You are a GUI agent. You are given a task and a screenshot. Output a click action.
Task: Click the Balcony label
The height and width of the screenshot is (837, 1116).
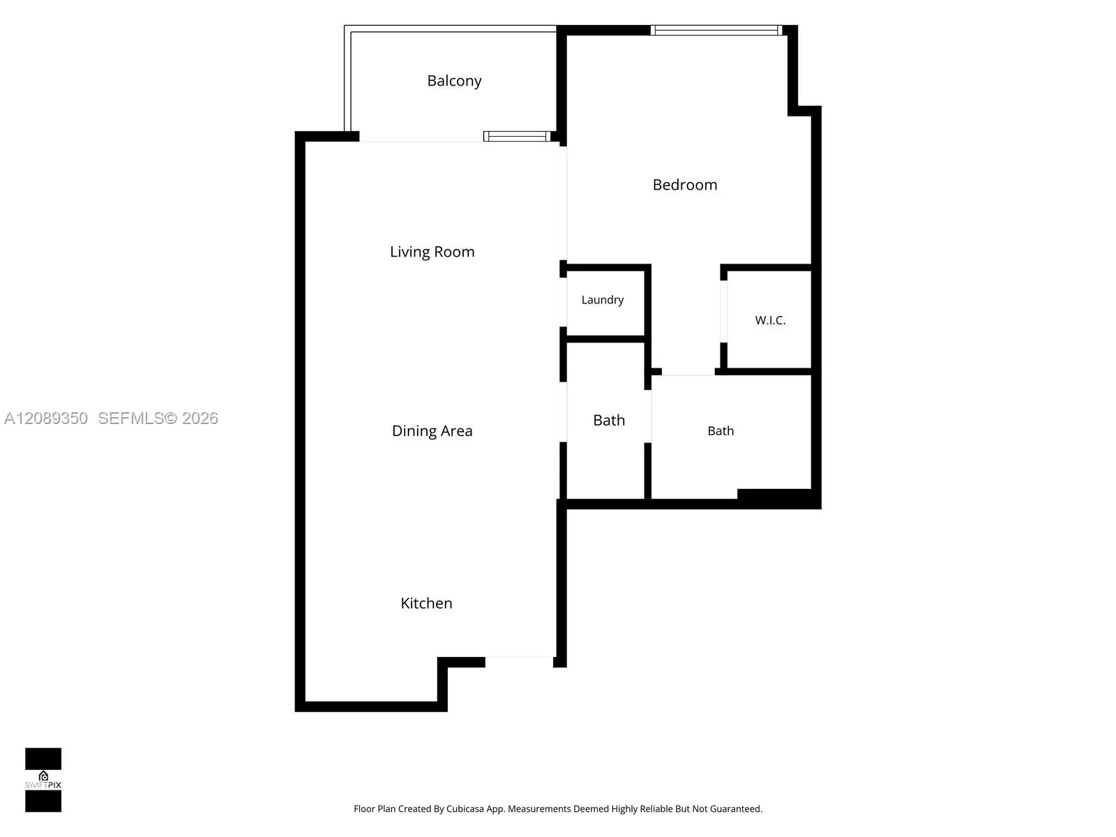[454, 81]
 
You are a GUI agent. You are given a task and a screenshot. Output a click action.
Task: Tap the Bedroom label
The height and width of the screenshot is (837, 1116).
[685, 184]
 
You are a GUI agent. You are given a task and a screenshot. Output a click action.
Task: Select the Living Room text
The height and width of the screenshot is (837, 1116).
[432, 252]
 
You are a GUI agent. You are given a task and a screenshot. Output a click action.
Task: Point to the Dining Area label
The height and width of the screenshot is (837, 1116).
[432, 431]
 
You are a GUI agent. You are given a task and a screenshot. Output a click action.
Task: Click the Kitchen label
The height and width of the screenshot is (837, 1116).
[426, 603]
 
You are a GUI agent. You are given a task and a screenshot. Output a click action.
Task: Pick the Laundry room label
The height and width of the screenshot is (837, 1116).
[603, 300]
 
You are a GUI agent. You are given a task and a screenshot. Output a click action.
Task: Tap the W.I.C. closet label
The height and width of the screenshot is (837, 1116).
[770, 320]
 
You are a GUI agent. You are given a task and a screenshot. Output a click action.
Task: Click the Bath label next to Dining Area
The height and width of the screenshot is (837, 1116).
[609, 421]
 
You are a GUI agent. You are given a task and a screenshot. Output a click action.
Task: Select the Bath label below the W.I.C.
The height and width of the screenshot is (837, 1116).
[721, 431]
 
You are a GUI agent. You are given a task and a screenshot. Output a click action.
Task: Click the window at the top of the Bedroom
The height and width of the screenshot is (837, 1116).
[716, 31]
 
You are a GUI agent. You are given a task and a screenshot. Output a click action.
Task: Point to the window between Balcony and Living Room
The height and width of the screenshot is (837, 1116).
[517, 136]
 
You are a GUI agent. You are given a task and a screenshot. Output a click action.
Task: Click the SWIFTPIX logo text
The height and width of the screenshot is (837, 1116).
[43, 785]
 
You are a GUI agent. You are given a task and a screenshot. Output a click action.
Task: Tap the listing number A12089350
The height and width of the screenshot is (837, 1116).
[46, 418]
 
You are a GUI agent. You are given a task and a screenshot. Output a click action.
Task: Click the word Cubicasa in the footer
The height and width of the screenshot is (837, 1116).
[465, 808]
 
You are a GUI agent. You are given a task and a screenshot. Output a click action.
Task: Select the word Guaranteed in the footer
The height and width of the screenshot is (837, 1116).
[736, 808]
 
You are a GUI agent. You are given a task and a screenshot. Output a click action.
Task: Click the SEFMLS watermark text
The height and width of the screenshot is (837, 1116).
[131, 418]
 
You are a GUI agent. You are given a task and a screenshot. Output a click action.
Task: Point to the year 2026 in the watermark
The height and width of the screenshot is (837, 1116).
[199, 418]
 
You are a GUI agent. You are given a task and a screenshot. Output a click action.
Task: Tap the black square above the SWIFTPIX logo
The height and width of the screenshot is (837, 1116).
[43, 759]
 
